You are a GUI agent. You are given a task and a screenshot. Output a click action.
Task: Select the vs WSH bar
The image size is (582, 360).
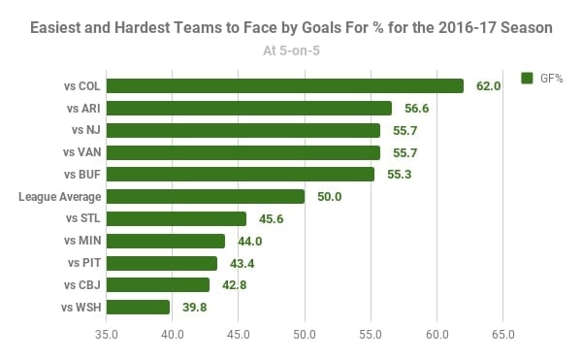pyautogui.click(x=138, y=308)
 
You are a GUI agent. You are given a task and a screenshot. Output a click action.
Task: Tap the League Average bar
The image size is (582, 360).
pyautogui.click(x=205, y=197)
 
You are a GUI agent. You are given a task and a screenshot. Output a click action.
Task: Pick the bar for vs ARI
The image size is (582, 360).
pyautogui.click(x=249, y=109)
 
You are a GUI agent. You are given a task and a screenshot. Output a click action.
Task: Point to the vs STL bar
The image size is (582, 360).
pyautogui.click(x=176, y=219)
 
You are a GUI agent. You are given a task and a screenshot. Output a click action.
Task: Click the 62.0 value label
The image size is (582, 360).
pyautogui.click(x=489, y=86)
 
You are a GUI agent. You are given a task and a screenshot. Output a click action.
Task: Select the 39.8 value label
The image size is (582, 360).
pyautogui.click(x=196, y=308)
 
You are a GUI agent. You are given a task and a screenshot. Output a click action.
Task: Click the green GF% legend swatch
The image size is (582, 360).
pyautogui.click(x=529, y=78)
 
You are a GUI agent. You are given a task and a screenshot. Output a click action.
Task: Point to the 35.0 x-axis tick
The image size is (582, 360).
pyautogui.click(x=107, y=337)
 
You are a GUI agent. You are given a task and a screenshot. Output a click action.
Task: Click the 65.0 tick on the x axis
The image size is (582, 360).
pyautogui.click(x=502, y=337)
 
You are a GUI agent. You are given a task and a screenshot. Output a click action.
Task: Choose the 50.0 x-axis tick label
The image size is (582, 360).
pyautogui.click(x=305, y=337)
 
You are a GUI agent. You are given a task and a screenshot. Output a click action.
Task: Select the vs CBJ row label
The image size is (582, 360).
pyautogui.click(x=81, y=285)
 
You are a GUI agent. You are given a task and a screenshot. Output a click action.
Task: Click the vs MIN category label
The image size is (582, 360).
pyautogui.click(x=81, y=241)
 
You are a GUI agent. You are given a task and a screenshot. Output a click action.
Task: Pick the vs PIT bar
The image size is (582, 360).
pyautogui.click(x=162, y=263)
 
